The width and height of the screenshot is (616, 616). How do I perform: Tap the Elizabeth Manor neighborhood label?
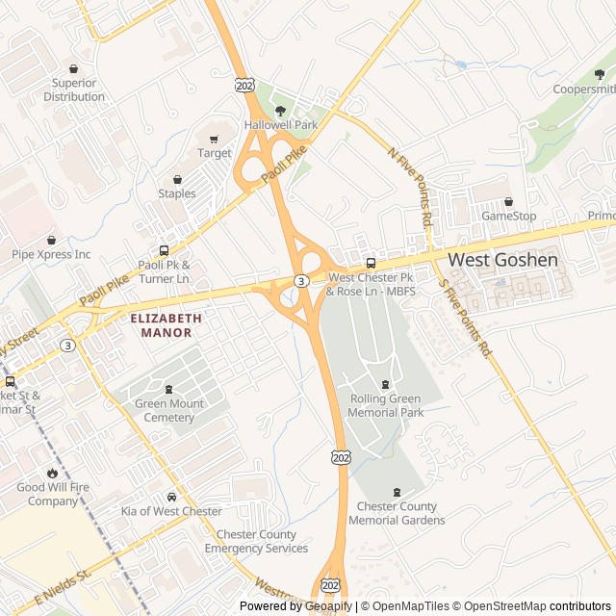[166, 324]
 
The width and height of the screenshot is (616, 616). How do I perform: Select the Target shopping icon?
[214, 140]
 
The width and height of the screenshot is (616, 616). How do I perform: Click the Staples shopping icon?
[177, 179]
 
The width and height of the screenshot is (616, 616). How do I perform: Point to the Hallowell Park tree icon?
[280, 112]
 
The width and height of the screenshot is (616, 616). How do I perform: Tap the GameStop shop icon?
[508, 202]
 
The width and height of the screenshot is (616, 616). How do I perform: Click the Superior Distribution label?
[74, 90]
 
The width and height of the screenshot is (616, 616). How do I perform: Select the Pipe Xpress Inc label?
[51, 254]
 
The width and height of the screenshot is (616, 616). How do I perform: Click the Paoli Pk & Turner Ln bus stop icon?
[164, 250]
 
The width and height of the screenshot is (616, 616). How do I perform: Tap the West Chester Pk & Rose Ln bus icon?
[371, 263]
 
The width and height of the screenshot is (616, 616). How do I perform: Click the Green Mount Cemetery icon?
[169, 390]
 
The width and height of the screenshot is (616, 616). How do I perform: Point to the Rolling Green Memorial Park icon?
[386, 385]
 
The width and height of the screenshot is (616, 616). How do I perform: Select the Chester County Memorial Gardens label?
[397, 513]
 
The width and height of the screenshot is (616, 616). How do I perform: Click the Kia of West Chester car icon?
[171, 497]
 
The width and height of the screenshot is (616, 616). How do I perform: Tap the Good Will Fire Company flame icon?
[52, 474]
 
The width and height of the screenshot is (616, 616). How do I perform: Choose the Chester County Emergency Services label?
[256, 542]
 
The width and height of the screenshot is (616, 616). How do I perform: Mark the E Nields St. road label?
[62, 588]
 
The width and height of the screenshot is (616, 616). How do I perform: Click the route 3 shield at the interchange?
[301, 281]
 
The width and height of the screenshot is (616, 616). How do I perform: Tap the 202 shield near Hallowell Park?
[244, 86]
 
